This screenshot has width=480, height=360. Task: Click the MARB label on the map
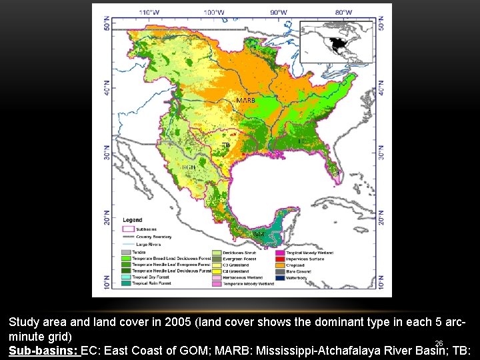246,100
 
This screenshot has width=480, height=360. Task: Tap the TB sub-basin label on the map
226,145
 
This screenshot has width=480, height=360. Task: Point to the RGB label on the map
189,167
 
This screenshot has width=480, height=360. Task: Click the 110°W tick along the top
149,12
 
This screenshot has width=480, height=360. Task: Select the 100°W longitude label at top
214,12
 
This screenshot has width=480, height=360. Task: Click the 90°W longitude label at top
279,12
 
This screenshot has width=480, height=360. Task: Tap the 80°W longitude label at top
343,12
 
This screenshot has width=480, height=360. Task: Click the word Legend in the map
133,220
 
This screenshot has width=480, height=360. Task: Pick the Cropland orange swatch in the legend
281,265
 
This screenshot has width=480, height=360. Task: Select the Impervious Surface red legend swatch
281,259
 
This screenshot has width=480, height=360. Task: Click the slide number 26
439,343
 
